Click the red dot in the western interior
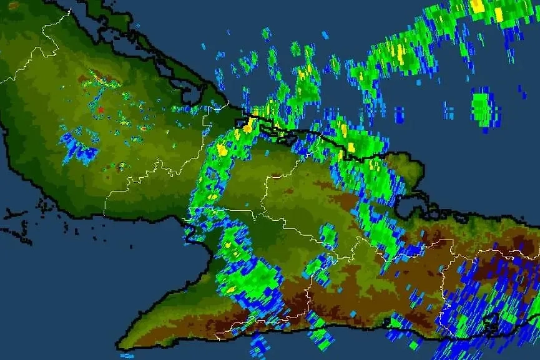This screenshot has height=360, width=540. coord(100,110)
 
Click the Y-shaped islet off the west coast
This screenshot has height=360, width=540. coord(14,215)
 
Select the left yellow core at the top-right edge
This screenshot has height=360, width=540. coord(478,6)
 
